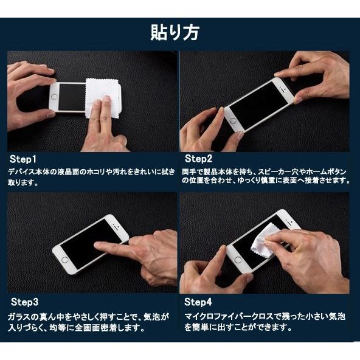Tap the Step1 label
[x=22, y=159]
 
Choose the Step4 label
[x=199, y=302]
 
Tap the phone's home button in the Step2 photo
[x=232, y=120]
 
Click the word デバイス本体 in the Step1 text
[x=30, y=171]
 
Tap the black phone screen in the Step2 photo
[x=263, y=103]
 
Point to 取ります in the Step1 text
[x=22, y=181]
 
